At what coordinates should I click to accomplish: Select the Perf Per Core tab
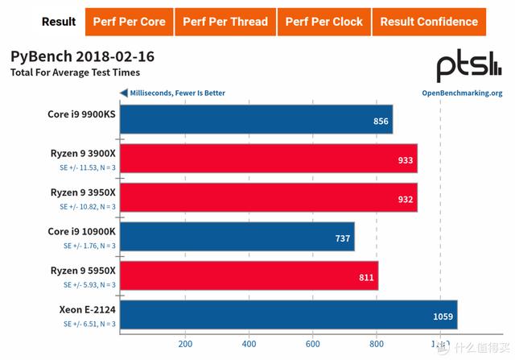pos(128,22)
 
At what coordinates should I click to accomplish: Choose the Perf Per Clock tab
pos(323,22)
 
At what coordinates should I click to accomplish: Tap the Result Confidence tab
pos(428,22)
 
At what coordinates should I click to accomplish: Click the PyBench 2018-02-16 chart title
pos(82,57)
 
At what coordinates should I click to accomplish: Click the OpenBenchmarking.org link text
pos(462,93)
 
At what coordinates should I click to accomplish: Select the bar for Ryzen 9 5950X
pos(249,275)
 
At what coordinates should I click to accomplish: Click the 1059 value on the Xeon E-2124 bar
pos(443,315)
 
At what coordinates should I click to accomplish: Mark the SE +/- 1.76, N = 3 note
pos(88,246)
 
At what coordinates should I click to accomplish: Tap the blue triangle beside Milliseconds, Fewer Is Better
pos(123,93)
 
